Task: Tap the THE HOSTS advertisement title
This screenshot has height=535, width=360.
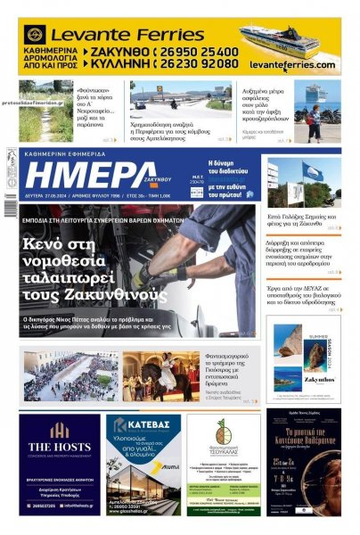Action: tap(60, 448)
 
